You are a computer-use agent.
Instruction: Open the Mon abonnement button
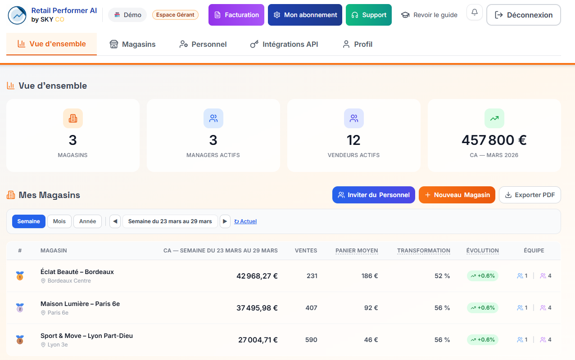tap(305, 15)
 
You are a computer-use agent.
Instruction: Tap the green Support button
tap(368, 15)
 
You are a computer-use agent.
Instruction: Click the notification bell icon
tap(474, 13)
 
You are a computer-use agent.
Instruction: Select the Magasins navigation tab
tap(132, 44)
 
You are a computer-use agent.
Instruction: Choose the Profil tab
tap(357, 44)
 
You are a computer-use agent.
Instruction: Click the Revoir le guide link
tap(429, 15)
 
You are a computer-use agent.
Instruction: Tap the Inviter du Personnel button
tap(373, 195)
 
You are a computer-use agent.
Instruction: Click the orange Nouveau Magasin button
tap(457, 195)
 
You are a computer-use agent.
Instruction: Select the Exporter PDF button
tap(530, 195)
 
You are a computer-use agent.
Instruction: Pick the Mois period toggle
tap(59, 221)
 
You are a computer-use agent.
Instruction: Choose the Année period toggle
tap(87, 221)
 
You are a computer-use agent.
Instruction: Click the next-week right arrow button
tap(225, 221)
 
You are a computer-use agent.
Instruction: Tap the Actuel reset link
tap(245, 221)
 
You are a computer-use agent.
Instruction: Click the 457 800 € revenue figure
tap(494, 140)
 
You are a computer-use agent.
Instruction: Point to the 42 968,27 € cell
tap(257, 276)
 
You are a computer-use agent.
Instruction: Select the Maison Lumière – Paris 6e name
tap(80, 304)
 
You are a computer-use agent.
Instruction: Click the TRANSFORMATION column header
tap(423, 251)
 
